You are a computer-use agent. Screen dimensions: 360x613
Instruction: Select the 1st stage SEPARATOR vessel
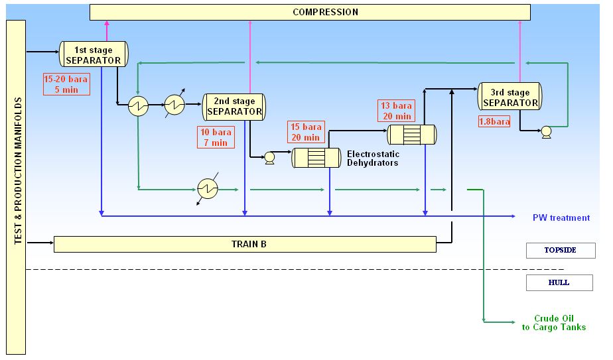click(x=94, y=54)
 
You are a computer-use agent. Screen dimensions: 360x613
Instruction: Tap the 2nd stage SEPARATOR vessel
click(x=234, y=106)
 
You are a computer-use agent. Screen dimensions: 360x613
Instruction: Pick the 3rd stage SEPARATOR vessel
click(x=510, y=97)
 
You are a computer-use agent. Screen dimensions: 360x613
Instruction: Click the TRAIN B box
click(x=244, y=244)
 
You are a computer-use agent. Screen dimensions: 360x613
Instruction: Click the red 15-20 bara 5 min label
click(x=66, y=84)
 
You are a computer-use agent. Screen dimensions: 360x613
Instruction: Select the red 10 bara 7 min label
click(x=214, y=137)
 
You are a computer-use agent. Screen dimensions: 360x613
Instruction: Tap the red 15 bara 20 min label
click(x=305, y=132)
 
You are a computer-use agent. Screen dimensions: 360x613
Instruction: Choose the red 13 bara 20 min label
click(x=396, y=111)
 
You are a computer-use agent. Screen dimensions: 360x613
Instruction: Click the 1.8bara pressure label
click(x=494, y=121)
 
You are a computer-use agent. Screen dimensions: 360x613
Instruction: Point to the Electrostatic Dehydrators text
click(x=372, y=158)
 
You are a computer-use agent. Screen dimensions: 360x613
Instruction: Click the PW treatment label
click(x=561, y=217)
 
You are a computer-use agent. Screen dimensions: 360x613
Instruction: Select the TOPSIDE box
click(x=560, y=251)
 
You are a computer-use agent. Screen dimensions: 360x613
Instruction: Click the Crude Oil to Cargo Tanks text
click(x=561, y=322)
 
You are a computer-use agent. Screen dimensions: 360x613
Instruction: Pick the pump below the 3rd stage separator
click(x=546, y=131)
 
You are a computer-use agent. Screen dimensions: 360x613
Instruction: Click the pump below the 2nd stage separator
click(x=270, y=157)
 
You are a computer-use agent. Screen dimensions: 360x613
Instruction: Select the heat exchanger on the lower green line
click(x=208, y=189)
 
